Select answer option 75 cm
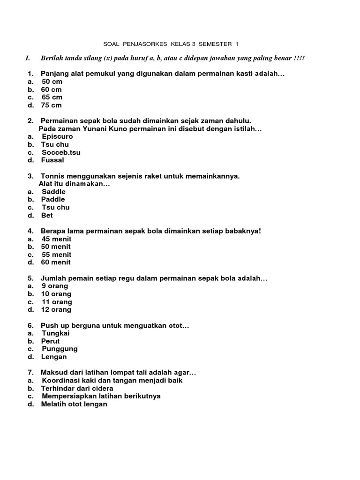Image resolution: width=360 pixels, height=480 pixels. pos(52,105)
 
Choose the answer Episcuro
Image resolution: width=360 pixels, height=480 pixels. pos(57,136)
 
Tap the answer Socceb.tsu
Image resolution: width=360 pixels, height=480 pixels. pos(61,152)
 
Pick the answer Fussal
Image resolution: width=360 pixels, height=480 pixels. pos(52,160)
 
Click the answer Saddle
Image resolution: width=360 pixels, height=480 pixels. pos(53,192)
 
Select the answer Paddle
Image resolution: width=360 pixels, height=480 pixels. pos(53,199)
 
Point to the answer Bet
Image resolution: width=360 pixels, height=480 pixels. pos(47,216)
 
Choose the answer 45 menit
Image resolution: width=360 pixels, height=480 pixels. pos(56,239)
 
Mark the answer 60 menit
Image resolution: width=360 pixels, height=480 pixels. pos(56,262)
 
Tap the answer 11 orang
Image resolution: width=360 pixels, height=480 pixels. pos(57,302)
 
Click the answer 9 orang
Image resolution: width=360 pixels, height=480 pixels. pos(55,286)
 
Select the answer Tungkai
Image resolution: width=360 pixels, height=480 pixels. pos(55,333)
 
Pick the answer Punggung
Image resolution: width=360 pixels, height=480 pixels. pos(60,349)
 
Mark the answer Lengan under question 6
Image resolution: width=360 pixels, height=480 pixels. pos(54,357)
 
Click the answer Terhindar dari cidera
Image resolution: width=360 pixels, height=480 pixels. pos(77,389)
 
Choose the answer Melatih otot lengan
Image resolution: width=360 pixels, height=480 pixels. pos(74,404)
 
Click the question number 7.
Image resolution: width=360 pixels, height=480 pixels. pos(30,373)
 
